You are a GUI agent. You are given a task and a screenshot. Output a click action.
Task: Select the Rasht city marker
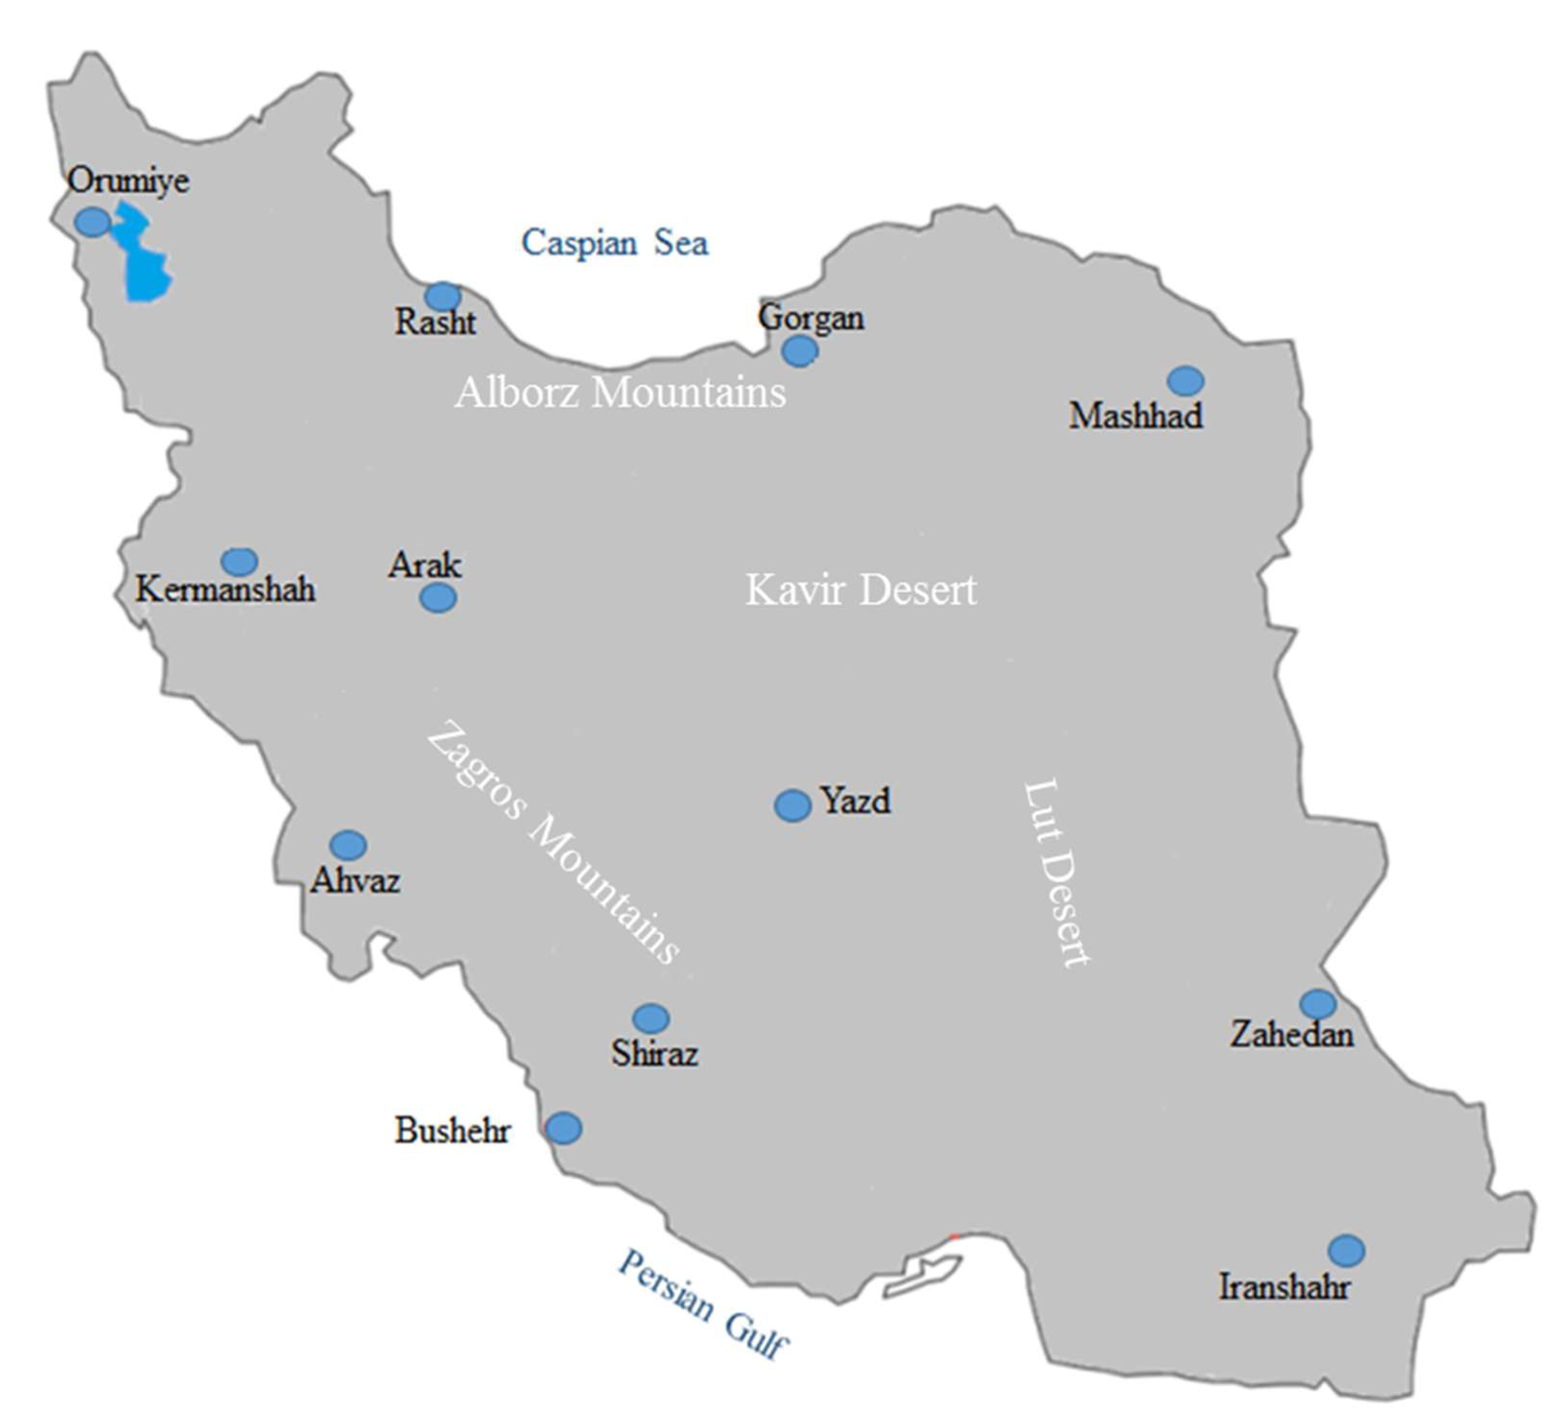tap(443, 296)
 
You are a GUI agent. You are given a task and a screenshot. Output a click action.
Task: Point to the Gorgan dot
tap(799, 351)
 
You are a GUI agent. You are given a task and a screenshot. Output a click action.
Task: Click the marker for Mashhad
tap(1185, 380)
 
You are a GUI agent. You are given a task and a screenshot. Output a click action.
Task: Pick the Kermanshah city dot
tap(240, 562)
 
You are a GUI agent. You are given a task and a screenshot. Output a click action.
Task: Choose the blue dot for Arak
tap(439, 598)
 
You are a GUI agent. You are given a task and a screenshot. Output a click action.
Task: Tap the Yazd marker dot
tap(792, 806)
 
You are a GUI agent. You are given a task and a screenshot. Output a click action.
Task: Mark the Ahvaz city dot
tap(348, 845)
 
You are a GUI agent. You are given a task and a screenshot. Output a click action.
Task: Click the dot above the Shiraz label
tap(652, 1019)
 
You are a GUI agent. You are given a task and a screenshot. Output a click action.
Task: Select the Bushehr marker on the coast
tap(564, 1128)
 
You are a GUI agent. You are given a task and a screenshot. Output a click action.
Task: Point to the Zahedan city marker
tap(1318, 1004)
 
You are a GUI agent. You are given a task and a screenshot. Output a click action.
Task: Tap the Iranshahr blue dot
tap(1346, 1251)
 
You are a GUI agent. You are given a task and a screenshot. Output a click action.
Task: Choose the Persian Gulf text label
tap(703, 1305)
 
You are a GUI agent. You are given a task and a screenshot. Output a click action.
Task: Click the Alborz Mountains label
tap(620, 392)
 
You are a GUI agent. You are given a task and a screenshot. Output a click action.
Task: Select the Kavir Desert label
tap(861, 591)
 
